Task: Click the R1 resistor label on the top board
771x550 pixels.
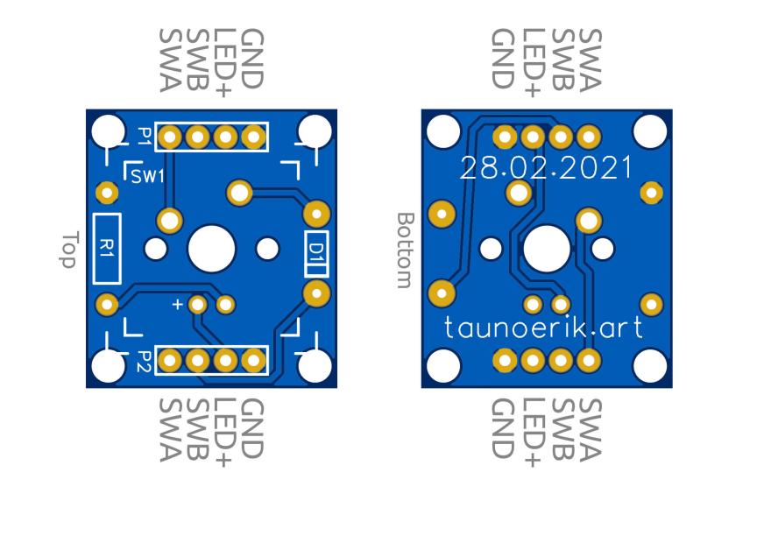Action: coord(107,247)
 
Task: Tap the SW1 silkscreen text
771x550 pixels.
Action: coord(147,176)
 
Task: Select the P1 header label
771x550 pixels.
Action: coord(145,136)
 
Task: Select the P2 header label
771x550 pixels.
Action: coord(145,359)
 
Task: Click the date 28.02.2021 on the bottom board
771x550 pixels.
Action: coord(546,168)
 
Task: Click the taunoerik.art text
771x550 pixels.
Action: coord(543,328)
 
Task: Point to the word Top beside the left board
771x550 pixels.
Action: coord(70,250)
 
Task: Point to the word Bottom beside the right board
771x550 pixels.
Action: coord(405,249)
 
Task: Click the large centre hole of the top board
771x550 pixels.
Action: coord(212,249)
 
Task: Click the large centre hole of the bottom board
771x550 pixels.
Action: coord(547,249)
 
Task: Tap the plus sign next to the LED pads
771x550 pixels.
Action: coord(178,305)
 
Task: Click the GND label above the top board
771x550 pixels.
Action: coord(252,58)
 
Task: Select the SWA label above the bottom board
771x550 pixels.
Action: coord(590,58)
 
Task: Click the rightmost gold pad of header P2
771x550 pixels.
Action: coord(254,360)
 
